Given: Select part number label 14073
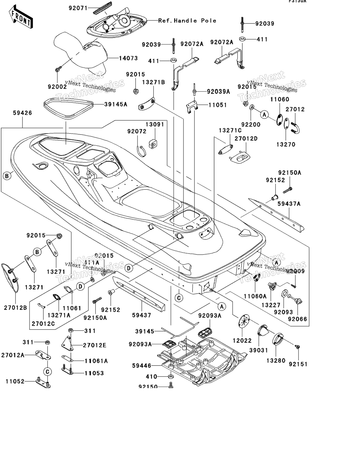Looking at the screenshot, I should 128,58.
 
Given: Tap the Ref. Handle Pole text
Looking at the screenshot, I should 187,21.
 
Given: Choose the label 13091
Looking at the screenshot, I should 155,124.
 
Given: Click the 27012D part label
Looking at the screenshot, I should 246,139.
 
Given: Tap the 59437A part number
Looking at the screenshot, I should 289,204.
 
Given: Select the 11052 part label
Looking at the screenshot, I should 15,381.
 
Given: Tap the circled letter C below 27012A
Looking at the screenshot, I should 48,371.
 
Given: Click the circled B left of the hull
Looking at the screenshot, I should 7,176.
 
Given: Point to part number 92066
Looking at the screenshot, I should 297,319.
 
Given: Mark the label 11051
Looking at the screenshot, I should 218,105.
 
